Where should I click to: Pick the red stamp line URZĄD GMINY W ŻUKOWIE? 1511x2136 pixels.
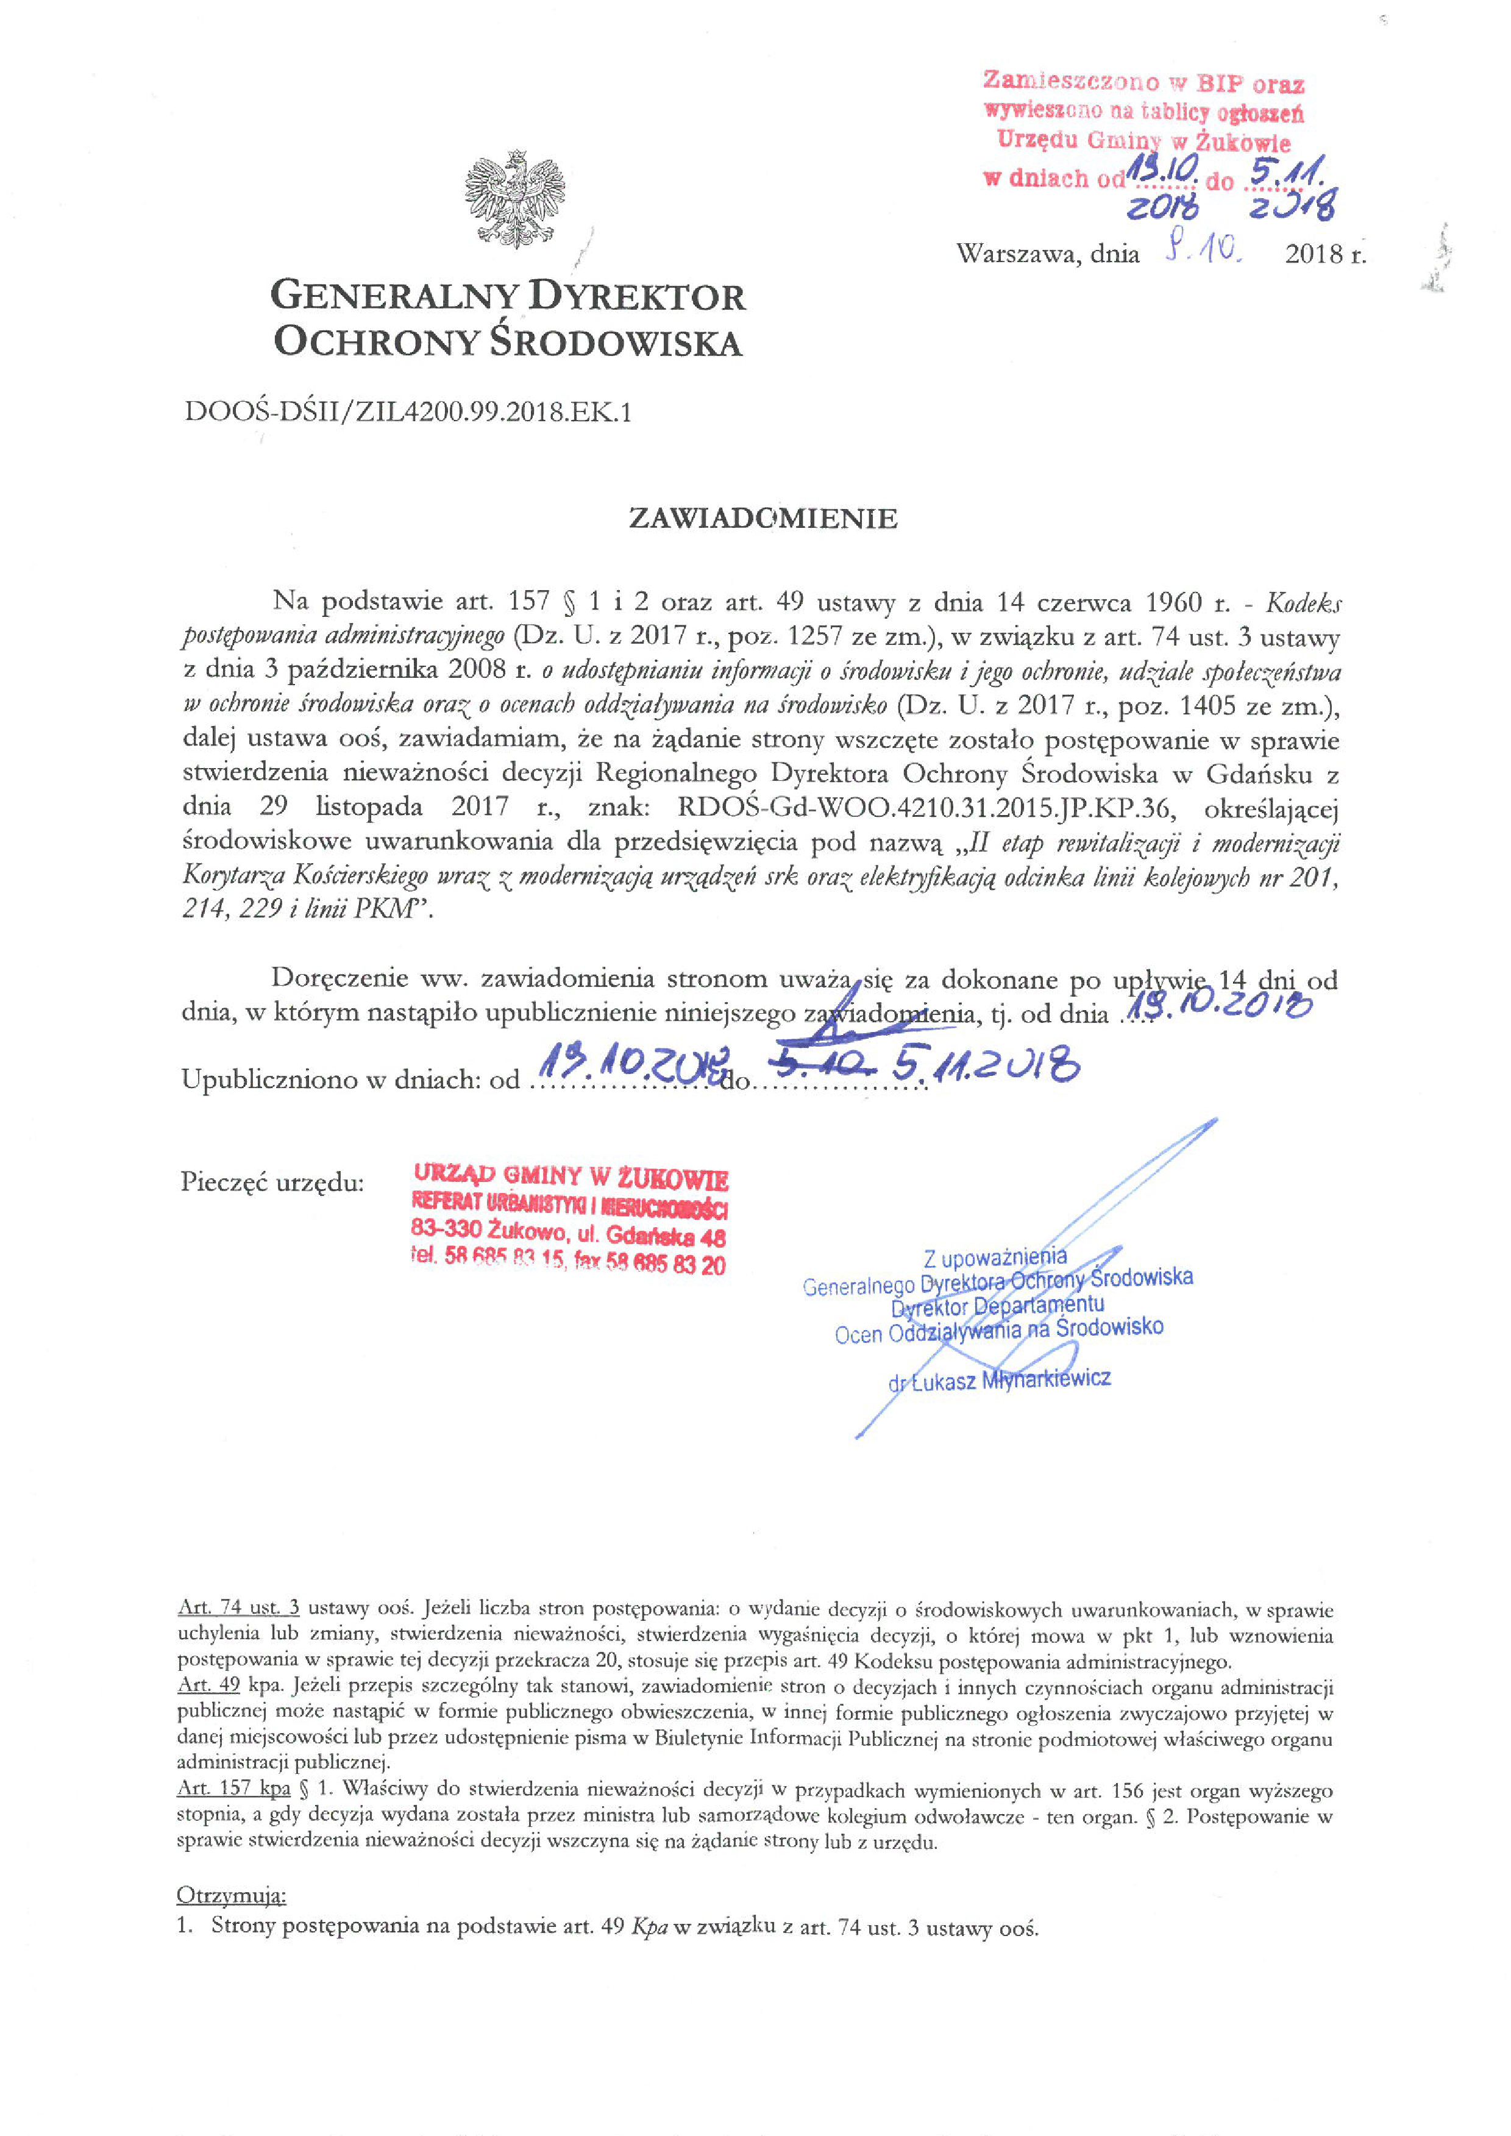pyautogui.click(x=571, y=1178)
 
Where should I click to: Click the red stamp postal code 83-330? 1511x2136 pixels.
pyautogui.click(x=447, y=1230)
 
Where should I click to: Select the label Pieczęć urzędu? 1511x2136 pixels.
pyautogui.click(x=272, y=1183)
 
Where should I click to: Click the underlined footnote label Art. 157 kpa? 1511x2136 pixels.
pyautogui.click(x=233, y=1790)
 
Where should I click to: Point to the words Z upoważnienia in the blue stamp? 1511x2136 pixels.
pyautogui.click(x=995, y=1258)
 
